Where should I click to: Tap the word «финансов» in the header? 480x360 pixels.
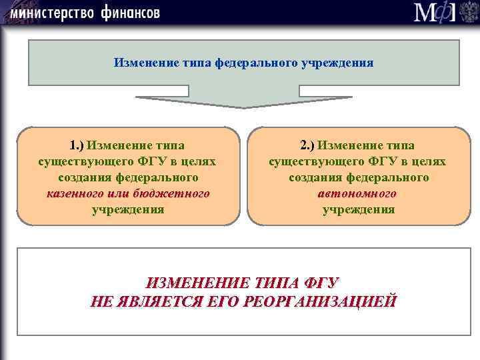click(131, 13)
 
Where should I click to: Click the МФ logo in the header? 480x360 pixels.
click(436, 13)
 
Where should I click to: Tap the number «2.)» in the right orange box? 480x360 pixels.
click(307, 145)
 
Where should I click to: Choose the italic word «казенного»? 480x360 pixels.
click(73, 194)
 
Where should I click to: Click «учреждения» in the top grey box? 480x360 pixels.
click(338, 63)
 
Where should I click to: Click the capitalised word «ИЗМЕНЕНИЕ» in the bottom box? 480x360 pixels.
click(195, 283)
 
